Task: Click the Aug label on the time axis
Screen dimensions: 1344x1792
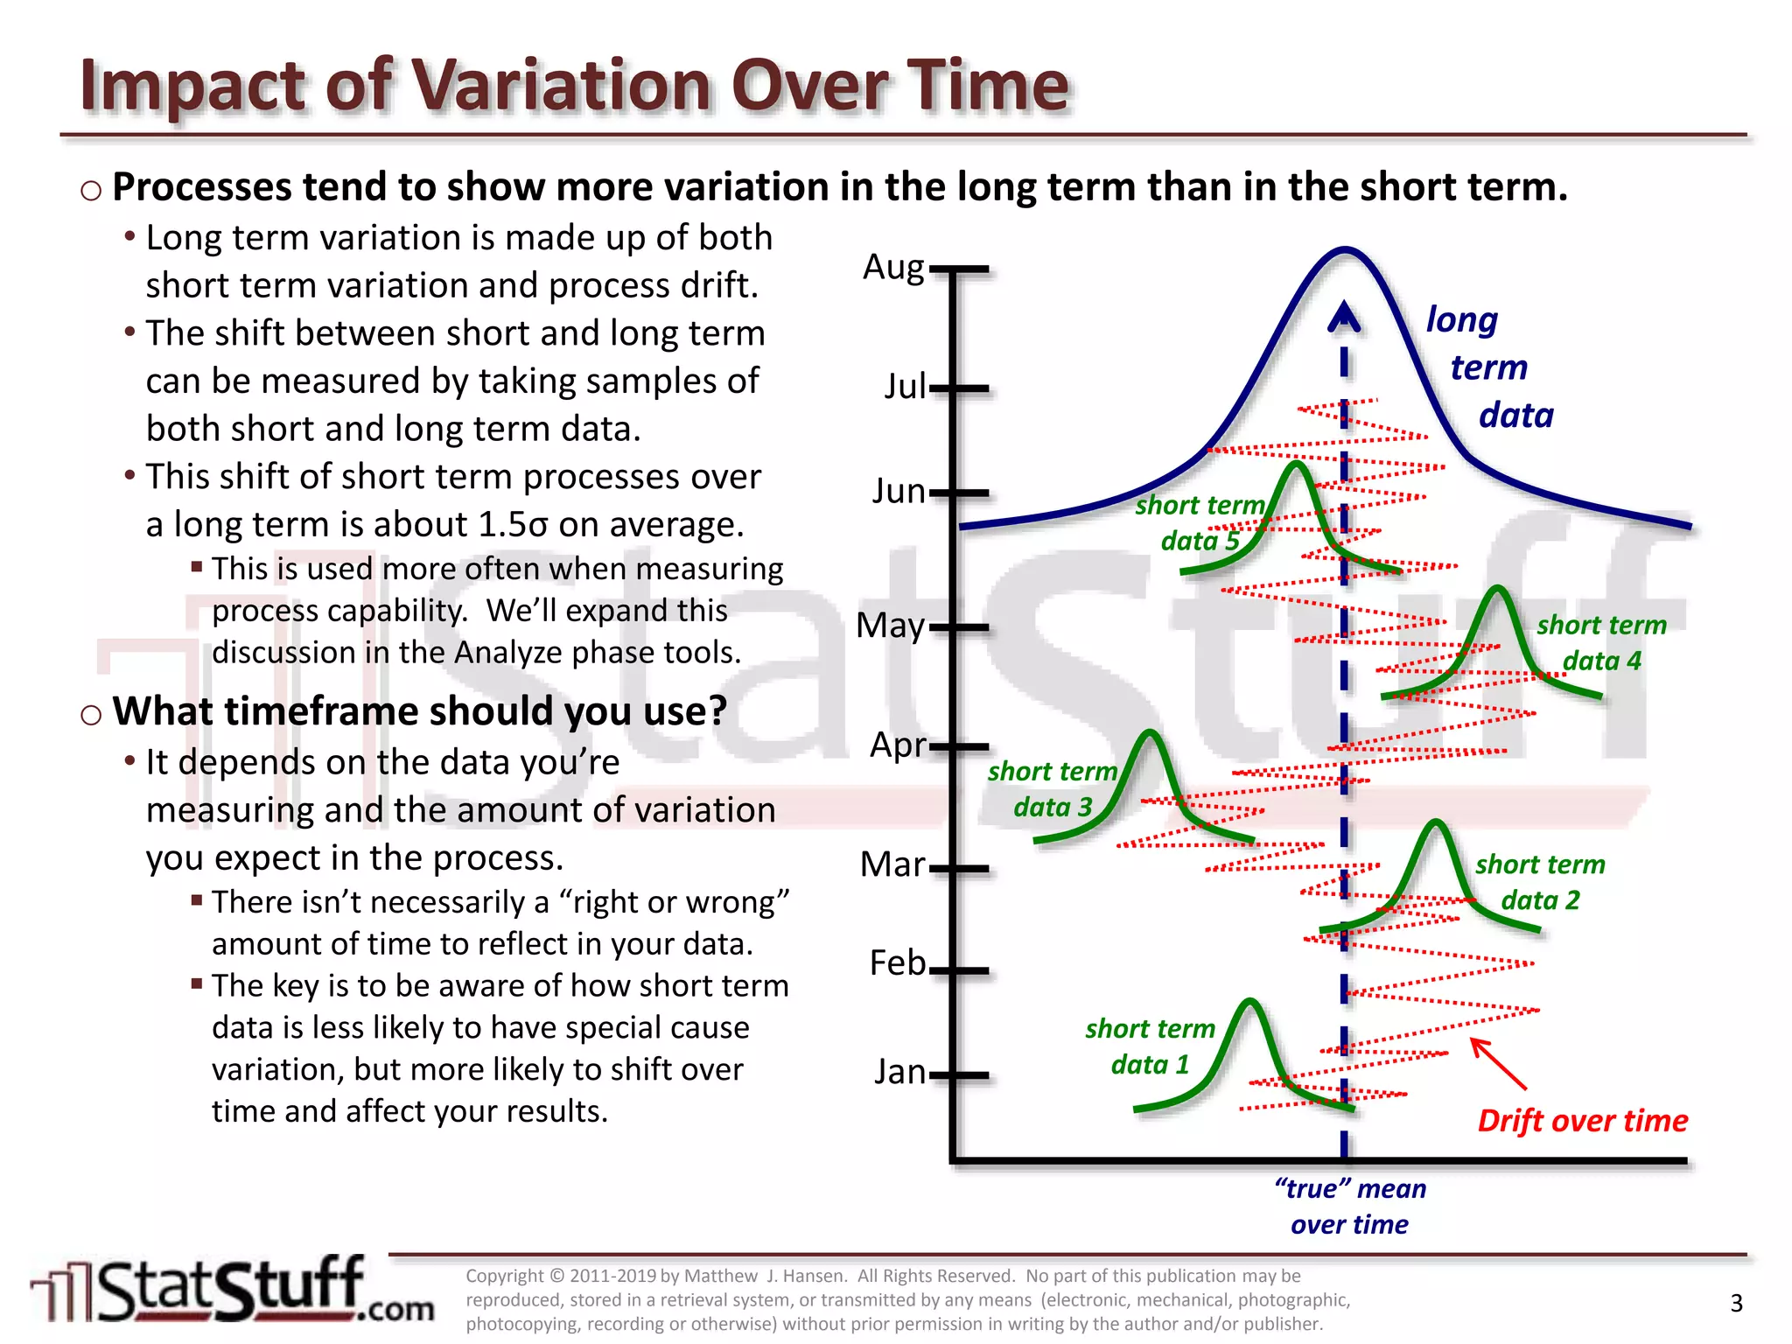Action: (x=892, y=268)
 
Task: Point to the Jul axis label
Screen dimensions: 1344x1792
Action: (x=904, y=387)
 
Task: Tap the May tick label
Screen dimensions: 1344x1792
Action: (x=890, y=626)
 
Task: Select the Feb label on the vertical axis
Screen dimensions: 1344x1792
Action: (x=897, y=963)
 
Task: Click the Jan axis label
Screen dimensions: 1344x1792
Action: (x=899, y=1072)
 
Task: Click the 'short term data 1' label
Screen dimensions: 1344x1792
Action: (x=1150, y=1046)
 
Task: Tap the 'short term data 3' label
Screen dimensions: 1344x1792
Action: (x=1052, y=789)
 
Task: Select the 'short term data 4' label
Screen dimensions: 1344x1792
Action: (x=1601, y=643)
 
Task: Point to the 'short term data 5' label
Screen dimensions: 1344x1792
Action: (x=1200, y=523)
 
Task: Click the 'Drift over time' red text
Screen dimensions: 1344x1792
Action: (x=1582, y=1121)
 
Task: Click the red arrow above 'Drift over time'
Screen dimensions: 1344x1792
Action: (x=1498, y=1063)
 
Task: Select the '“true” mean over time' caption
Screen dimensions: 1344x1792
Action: (x=1349, y=1207)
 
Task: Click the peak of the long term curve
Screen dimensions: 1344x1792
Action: (x=1345, y=250)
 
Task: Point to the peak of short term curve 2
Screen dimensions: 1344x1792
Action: (x=1435, y=822)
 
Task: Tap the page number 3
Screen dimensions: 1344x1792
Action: (x=1736, y=1304)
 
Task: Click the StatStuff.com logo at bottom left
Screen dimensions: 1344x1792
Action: (x=232, y=1291)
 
